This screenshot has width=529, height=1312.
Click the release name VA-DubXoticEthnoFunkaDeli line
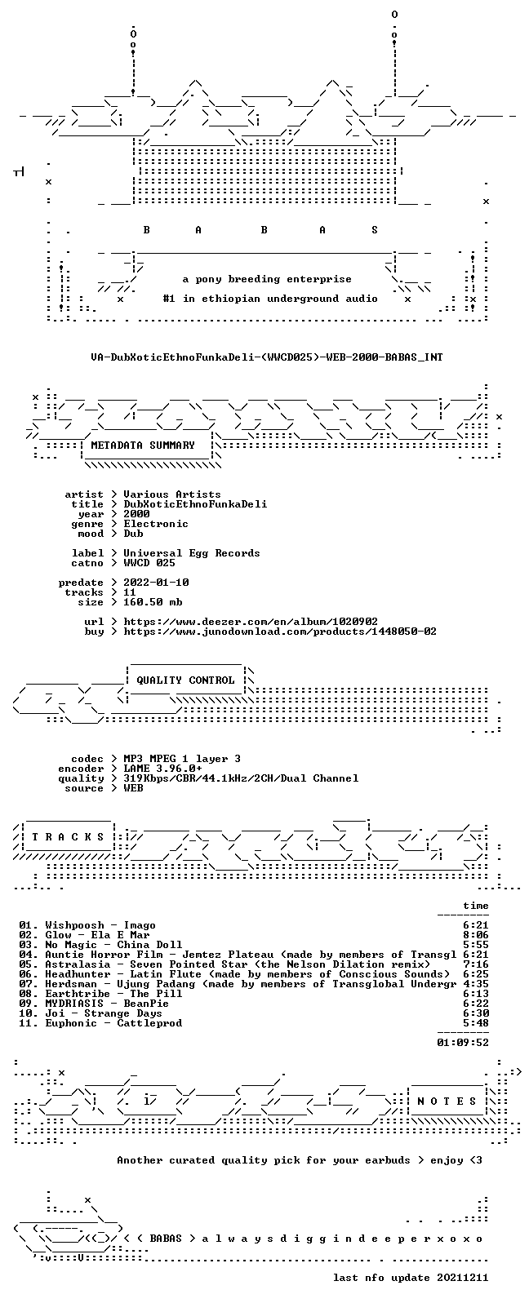click(x=267, y=357)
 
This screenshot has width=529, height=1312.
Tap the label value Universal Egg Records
click(x=192, y=553)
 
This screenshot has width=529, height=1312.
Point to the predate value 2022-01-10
click(x=156, y=583)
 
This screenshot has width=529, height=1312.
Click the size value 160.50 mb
click(x=153, y=602)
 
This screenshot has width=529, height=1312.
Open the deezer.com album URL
click(x=250, y=622)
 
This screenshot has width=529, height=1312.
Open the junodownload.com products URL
click(x=279, y=632)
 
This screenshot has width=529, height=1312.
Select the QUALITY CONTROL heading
click(x=185, y=680)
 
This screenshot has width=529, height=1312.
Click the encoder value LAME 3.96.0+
click(x=162, y=769)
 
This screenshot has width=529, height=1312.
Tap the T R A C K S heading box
click(x=68, y=837)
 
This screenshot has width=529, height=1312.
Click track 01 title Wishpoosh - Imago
click(x=100, y=925)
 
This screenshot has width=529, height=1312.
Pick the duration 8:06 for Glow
click(x=476, y=935)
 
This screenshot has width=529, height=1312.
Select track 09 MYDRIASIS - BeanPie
click(x=107, y=1004)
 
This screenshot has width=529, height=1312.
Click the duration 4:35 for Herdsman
click(x=476, y=985)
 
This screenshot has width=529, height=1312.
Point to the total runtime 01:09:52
click(x=463, y=1044)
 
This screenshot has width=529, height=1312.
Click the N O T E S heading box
click(x=447, y=1101)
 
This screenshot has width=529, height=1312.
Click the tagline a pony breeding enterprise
click(x=267, y=279)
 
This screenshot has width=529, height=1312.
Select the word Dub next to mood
click(x=133, y=534)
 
